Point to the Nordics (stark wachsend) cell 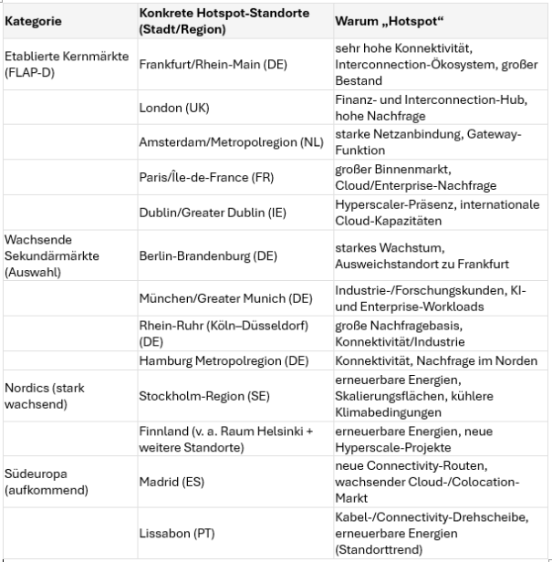coord(44,395)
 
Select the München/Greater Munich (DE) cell coord(224,298)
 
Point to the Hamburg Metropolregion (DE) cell coord(224,361)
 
